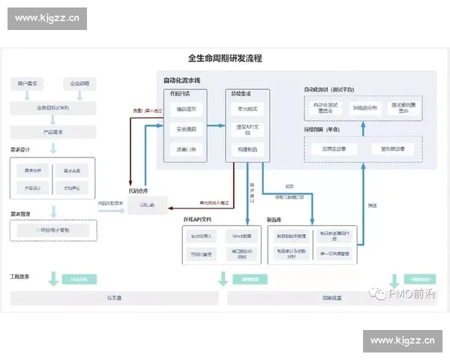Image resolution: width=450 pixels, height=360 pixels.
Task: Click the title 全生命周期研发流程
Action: tap(224, 58)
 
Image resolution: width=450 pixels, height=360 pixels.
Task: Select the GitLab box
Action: tap(147, 204)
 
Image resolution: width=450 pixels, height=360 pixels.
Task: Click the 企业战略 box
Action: tap(79, 83)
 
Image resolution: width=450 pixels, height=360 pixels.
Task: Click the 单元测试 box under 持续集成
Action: tap(246, 109)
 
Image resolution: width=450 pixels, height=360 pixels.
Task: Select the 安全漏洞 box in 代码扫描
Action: tap(186, 129)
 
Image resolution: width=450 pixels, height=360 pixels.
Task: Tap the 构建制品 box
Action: tap(246, 149)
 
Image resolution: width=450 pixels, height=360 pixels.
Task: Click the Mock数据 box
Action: tap(241, 236)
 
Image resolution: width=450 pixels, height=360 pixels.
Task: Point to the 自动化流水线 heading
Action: tap(182, 80)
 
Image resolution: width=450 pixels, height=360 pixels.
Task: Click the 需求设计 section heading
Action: tap(20, 149)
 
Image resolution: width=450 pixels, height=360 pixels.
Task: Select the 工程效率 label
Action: tap(20, 277)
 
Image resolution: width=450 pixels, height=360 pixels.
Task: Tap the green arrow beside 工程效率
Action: tap(53, 279)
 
